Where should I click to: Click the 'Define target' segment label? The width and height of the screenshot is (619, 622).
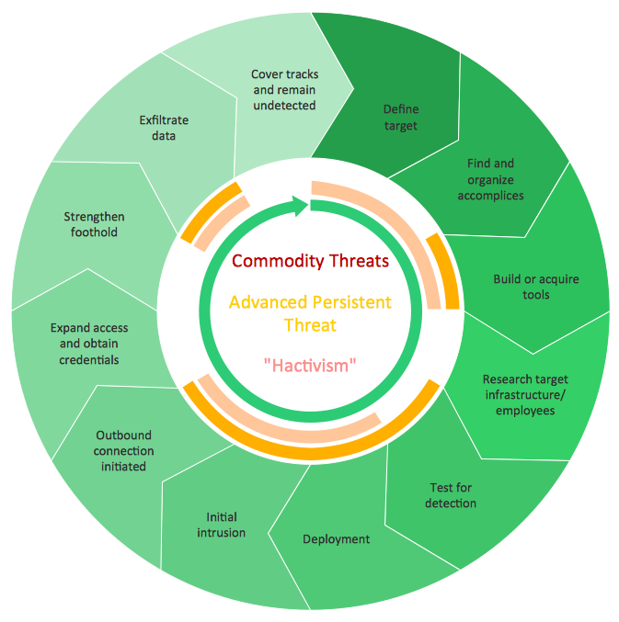(401, 118)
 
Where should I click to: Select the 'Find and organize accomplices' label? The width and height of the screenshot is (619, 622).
(491, 179)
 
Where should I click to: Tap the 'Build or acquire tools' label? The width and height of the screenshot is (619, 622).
(536, 287)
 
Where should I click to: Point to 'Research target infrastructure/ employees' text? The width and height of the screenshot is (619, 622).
(525, 395)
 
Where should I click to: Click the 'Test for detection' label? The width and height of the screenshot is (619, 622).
(451, 495)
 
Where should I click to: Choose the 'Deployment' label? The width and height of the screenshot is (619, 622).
(337, 539)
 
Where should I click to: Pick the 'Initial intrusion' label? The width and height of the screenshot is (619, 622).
(221, 525)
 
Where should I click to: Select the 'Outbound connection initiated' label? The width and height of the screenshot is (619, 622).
(123, 450)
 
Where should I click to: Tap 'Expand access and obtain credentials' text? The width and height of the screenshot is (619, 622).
(89, 344)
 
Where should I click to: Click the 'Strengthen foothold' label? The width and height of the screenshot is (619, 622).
(94, 224)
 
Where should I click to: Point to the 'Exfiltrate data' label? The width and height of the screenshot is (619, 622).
(164, 128)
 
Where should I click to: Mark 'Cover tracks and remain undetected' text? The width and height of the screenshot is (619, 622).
(285, 90)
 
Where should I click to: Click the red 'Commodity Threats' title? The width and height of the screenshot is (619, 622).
(311, 261)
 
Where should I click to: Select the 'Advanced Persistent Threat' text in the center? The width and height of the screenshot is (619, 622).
(310, 313)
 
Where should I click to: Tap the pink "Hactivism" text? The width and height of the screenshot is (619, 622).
(310, 366)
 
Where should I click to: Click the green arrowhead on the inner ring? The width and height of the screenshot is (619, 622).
(300, 206)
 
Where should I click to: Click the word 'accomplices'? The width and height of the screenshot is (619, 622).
(491, 196)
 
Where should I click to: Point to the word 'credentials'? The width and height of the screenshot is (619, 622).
(89, 360)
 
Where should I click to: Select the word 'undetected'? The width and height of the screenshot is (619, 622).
(285, 106)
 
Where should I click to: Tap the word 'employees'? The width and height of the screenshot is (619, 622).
(525, 411)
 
